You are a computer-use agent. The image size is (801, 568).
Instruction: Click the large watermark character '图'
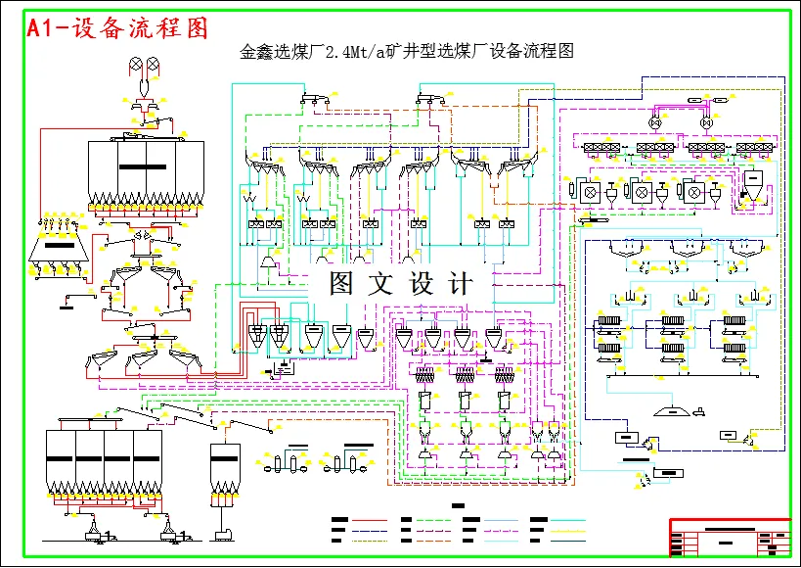pos(340,284)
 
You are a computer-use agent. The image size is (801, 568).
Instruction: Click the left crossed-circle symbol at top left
pos(136,66)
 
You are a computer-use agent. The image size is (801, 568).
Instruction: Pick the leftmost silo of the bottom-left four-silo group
pos(61,460)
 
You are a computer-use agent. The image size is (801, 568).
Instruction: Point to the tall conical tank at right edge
pos(754,187)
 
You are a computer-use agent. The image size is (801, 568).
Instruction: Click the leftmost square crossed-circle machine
pos(590,193)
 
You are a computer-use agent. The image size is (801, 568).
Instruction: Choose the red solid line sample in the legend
pos(370,520)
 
